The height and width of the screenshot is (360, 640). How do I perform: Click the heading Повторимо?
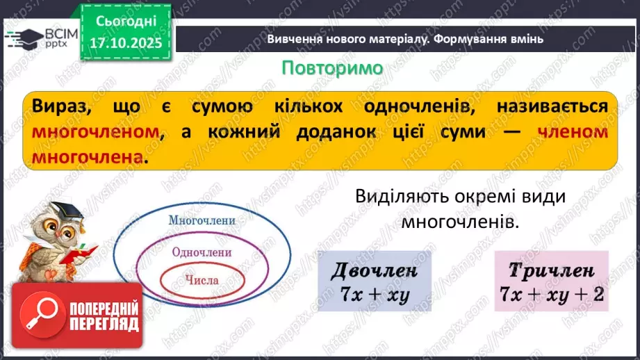pyautogui.click(x=332, y=67)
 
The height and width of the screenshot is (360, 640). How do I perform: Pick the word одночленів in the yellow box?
pyautogui.click(x=409, y=106)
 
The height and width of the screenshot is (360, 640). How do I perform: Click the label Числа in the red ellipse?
pyautogui.click(x=202, y=281)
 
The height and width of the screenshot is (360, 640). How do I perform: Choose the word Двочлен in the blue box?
pyautogui.click(x=375, y=270)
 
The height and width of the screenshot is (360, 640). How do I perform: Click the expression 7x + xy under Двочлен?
pyautogui.click(x=375, y=294)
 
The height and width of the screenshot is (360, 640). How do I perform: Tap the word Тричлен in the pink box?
pyautogui.click(x=551, y=270)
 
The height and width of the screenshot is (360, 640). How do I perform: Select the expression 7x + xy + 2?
pyautogui.click(x=551, y=294)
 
